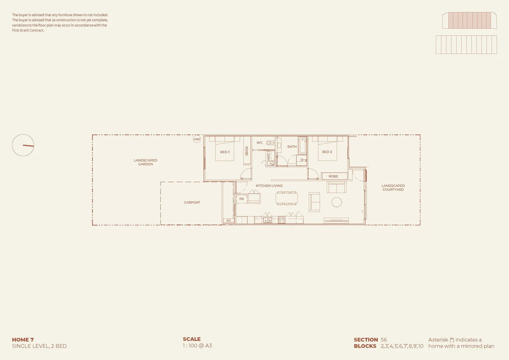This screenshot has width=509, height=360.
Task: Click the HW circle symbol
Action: (197, 139)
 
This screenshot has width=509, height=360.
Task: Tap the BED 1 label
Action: (225, 152)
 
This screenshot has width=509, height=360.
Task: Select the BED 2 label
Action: (327, 152)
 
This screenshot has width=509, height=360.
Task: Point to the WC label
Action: (260, 143)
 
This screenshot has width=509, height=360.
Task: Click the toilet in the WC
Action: (270, 143)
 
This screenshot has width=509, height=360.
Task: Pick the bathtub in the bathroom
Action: (302, 146)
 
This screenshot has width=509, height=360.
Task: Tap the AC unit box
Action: (229, 221)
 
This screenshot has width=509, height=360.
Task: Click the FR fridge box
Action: (242, 199)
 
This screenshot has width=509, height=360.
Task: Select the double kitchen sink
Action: (267, 220)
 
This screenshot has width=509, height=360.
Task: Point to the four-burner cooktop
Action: (282, 220)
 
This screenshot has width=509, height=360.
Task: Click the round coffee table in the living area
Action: (337, 202)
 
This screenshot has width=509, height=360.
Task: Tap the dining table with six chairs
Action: (286, 199)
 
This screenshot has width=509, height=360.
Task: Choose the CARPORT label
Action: (192, 203)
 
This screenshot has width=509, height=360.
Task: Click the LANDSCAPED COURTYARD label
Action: (393, 188)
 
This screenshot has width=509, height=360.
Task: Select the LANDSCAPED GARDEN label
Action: (146, 162)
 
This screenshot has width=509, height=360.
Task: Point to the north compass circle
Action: (23, 145)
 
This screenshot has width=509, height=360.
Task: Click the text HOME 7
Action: (23, 340)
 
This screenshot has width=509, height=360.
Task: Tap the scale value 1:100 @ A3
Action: (197, 346)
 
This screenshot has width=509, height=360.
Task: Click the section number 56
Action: (384, 340)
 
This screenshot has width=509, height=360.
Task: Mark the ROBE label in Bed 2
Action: (333, 176)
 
